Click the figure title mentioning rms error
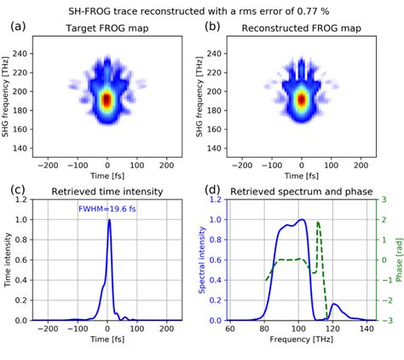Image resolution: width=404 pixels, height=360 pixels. click(x=202, y=9)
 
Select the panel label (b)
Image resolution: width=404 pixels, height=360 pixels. click(x=211, y=27)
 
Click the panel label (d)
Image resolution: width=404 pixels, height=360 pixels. click(x=211, y=191)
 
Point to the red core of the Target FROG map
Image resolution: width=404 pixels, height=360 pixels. click(x=107, y=100)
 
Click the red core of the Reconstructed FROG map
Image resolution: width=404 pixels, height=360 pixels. click(x=301, y=100)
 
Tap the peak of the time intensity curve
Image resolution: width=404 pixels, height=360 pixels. click(x=108, y=220)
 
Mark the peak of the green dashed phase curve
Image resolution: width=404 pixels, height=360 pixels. click(x=318, y=223)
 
